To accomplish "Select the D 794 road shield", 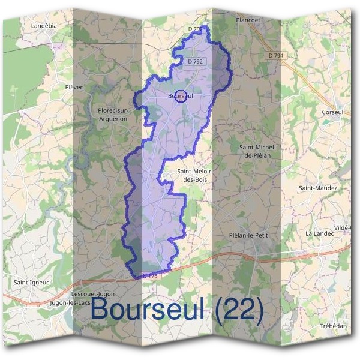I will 275,55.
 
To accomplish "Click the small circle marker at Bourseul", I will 180,96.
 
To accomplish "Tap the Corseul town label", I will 332,112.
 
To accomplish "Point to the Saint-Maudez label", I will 319,188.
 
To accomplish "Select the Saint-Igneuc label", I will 31,281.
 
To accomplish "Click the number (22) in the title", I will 235,310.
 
